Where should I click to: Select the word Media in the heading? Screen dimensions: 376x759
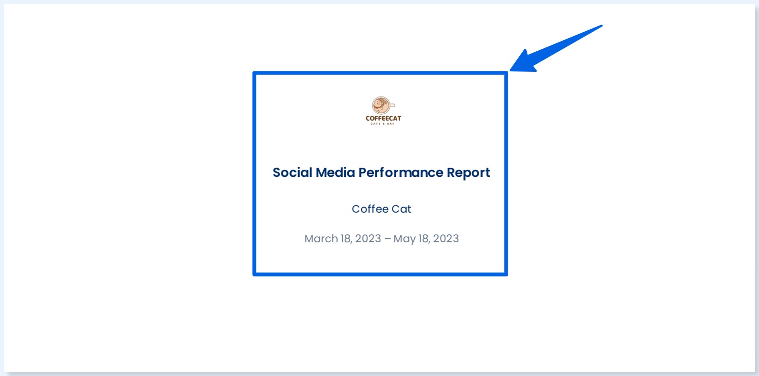click(x=336, y=172)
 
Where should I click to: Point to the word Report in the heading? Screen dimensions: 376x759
click(x=468, y=173)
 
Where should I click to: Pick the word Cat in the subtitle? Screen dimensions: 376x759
click(x=401, y=209)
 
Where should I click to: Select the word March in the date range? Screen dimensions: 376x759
click(x=321, y=238)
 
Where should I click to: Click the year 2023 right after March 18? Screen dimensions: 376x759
click(x=368, y=238)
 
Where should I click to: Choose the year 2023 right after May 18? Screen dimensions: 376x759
click(x=446, y=238)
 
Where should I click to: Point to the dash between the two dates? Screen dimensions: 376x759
click(x=387, y=239)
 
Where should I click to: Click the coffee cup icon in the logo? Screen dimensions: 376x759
click(x=381, y=106)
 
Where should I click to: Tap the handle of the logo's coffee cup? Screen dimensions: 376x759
click(x=393, y=106)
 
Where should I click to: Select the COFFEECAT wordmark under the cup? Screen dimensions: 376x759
click(x=384, y=119)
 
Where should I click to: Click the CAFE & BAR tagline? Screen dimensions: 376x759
click(x=384, y=124)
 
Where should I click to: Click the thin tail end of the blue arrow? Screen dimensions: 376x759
click(x=601, y=26)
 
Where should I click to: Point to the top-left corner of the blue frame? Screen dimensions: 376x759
click(x=255, y=73)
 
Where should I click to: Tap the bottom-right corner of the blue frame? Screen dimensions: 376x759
click(x=506, y=274)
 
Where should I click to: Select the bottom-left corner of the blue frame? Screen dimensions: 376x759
click(x=255, y=274)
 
